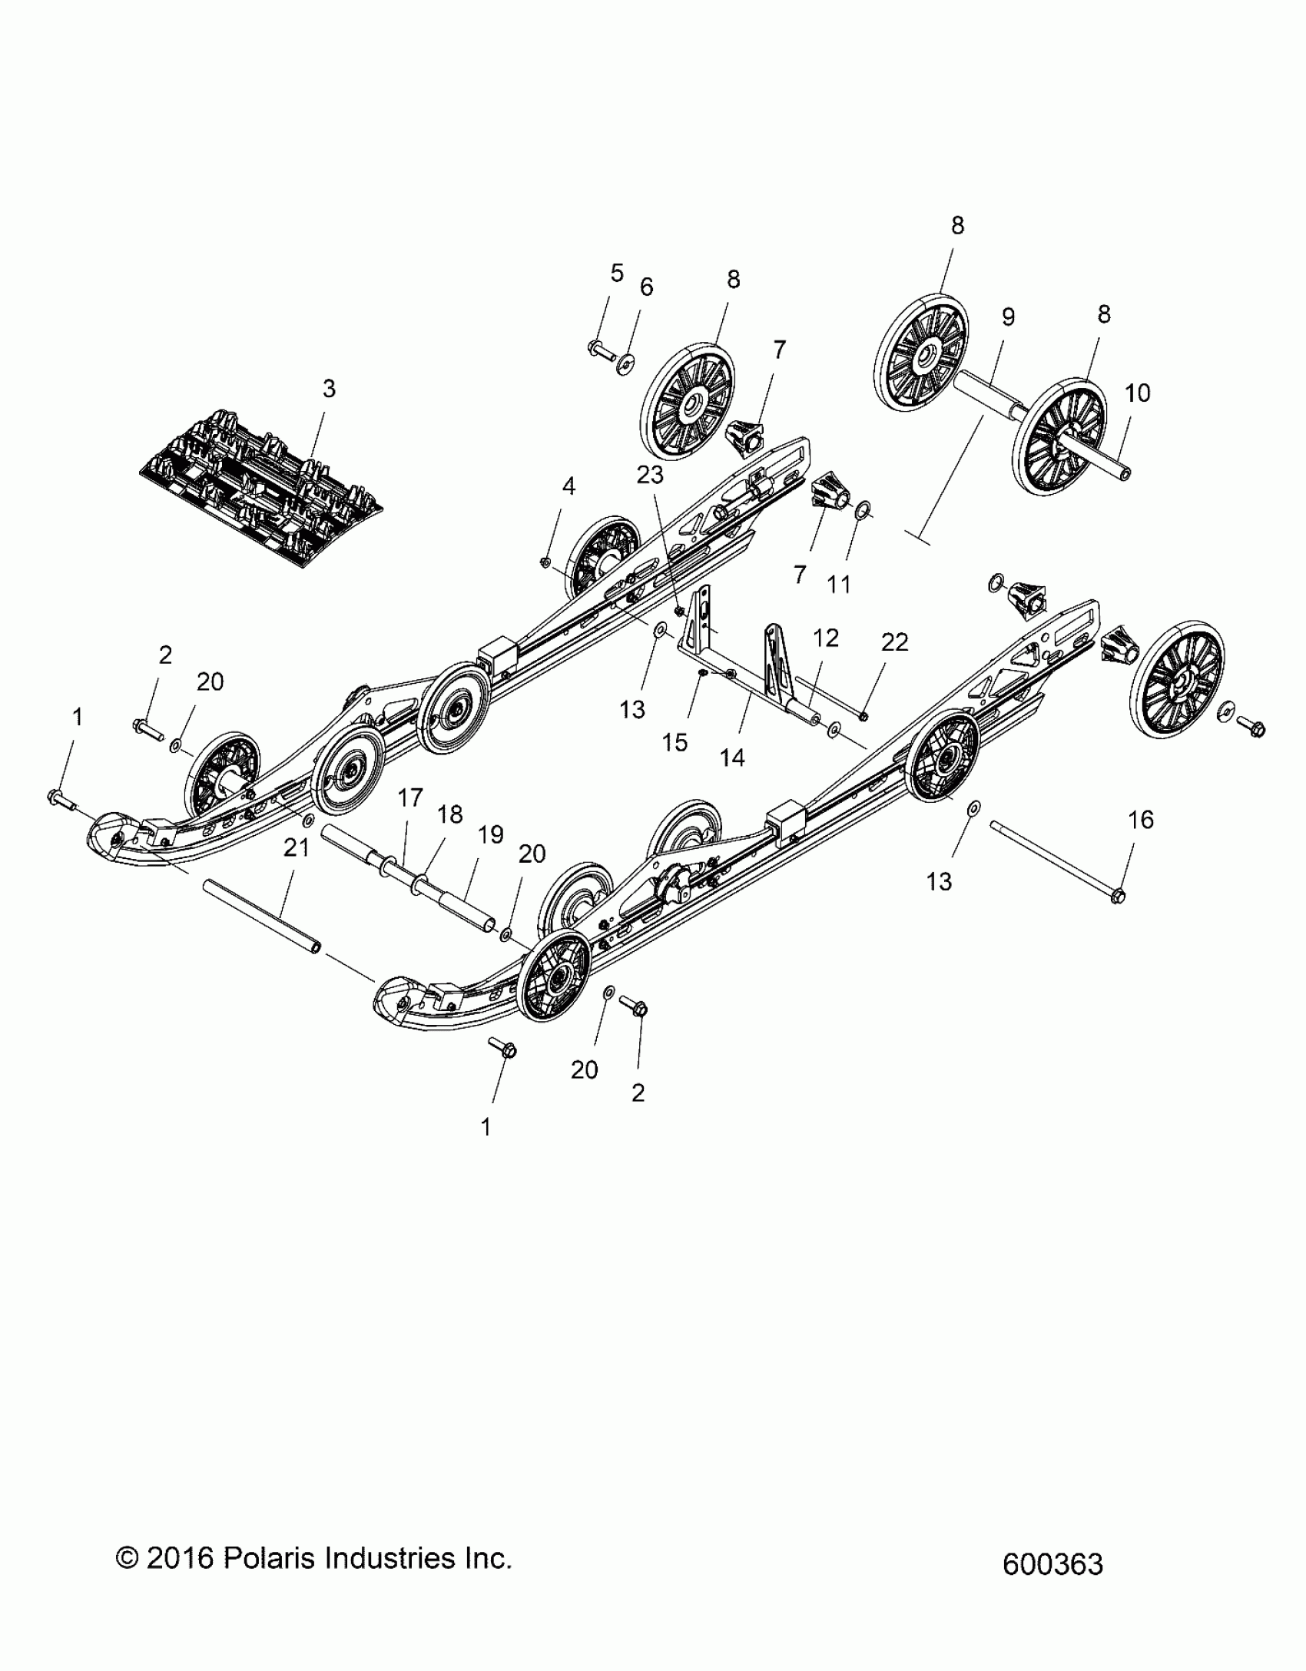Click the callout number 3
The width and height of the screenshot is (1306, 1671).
point(329,389)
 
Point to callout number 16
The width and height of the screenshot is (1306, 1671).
point(1141,820)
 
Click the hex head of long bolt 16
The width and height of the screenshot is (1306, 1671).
point(1119,895)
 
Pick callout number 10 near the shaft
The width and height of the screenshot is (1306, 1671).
point(1137,393)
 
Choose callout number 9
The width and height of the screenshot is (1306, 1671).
point(1008,317)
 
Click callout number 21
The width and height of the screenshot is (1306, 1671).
point(297,848)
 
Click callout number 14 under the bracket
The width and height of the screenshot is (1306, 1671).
point(732,758)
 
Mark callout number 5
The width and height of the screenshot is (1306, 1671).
point(617,273)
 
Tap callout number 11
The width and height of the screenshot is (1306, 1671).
point(839,585)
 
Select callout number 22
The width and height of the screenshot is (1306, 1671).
point(894,642)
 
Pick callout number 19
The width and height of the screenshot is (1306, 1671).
point(491,834)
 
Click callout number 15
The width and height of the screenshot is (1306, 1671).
point(675,742)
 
